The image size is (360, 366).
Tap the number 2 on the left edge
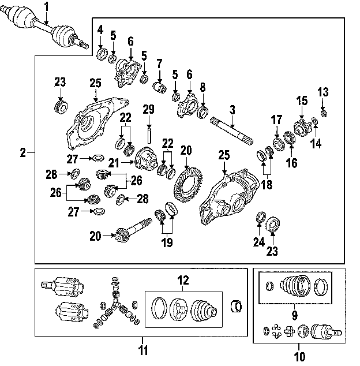[x=22, y=153]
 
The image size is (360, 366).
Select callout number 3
[x=232, y=109]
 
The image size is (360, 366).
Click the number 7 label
[x=159, y=64]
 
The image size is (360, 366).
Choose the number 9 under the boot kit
[x=294, y=315]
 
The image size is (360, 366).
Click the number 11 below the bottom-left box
[x=143, y=350]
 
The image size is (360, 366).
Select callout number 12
[x=182, y=281]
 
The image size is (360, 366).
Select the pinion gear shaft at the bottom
[x=133, y=229]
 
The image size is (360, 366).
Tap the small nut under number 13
[x=324, y=111]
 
